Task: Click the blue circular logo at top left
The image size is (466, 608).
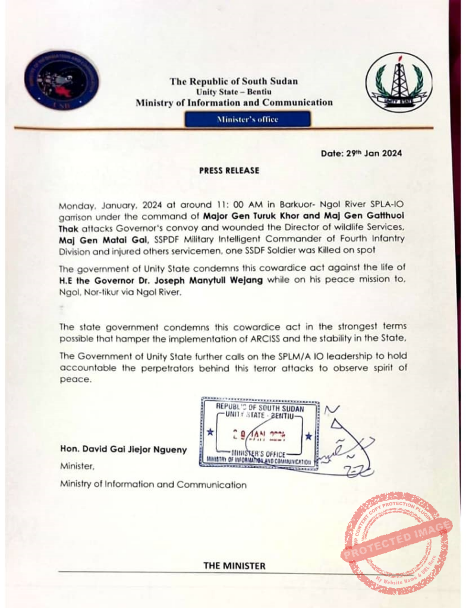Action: coord(62,80)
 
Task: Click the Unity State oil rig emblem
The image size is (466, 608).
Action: coord(395,81)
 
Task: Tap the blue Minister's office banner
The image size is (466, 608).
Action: coord(247,119)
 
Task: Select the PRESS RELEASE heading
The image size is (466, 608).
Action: coord(229,170)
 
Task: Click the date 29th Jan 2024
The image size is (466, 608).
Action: coord(361,153)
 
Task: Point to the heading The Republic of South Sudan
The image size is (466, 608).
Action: coord(234,81)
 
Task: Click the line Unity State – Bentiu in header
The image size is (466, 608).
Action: coord(234,92)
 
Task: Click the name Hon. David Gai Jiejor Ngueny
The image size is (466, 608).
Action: coord(123,449)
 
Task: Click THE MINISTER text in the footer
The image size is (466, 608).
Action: coord(234,566)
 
